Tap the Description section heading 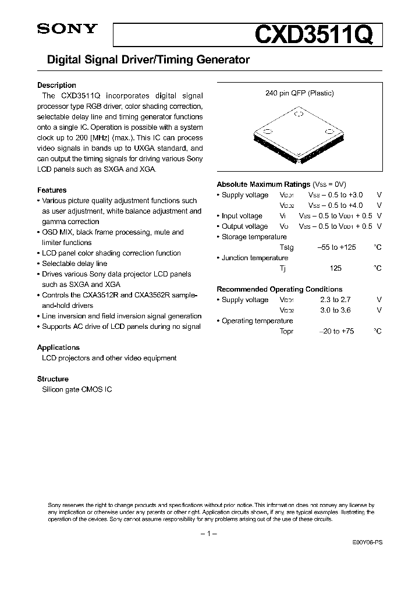coord(56,85)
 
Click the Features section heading coord(52,190)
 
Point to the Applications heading coord(58,347)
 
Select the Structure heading coord(53,379)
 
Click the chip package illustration coord(299,133)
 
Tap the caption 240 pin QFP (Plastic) coord(300,93)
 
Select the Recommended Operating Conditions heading coord(279,289)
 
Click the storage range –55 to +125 coord(336,247)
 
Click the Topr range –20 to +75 coord(336,331)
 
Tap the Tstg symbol coord(286,247)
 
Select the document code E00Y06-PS coord(367,541)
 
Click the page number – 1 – coord(208,534)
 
